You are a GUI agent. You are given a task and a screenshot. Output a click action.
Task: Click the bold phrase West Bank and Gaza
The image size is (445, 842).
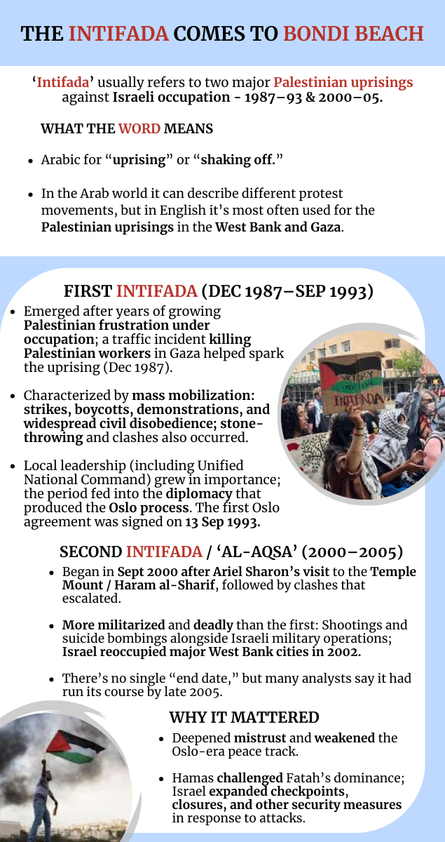pos(279,227)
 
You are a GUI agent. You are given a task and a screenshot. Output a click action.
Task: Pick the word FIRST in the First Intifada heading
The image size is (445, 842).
pos(88,291)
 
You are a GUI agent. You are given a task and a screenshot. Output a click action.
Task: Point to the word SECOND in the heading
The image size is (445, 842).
pos(90,552)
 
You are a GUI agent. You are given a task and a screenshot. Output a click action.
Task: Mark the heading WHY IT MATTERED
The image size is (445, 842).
pos(244,717)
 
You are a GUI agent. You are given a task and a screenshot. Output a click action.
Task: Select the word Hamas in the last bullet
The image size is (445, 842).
pos(193,777)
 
